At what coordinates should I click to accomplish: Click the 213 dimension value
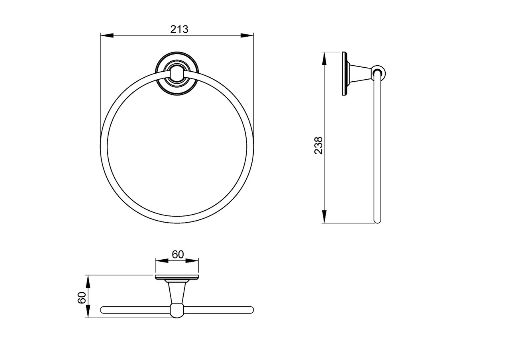click(179, 29)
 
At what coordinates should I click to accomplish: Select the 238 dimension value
click(318, 146)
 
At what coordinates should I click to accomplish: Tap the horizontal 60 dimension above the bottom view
click(178, 254)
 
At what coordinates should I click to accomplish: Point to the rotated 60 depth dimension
click(82, 297)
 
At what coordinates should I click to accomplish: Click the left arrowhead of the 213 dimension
click(107, 35)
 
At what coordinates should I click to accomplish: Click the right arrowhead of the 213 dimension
click(247, 35)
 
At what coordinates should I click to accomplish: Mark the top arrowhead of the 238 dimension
click(324, 59)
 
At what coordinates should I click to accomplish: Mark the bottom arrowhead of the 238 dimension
click(324, 217)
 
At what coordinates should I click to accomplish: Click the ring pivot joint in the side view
click(379, 73)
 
